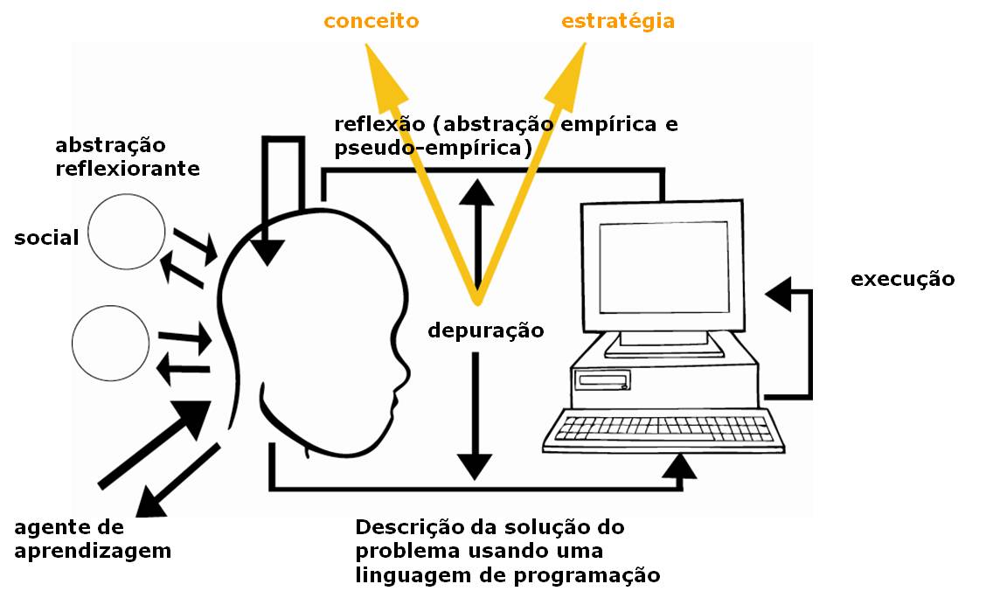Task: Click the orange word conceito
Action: pos(371,21)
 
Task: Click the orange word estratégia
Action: pos(618,21)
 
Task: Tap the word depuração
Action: pos(485,330)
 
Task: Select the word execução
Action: pos(903,280)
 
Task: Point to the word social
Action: pos(46,237)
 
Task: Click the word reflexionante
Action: pos(128,168)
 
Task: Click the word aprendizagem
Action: pos(93,552)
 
